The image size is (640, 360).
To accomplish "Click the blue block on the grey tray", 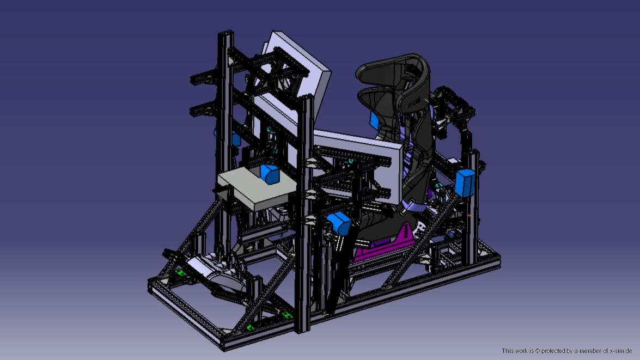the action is [x=270, y=174].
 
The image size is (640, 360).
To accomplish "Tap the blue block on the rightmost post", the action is [x=465, y=182].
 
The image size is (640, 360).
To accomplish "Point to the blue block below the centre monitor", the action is [x=339, y=223].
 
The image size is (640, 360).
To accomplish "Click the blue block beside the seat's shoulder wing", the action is [x=375, y=121].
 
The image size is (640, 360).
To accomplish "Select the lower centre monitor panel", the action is [x=358, y=166].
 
